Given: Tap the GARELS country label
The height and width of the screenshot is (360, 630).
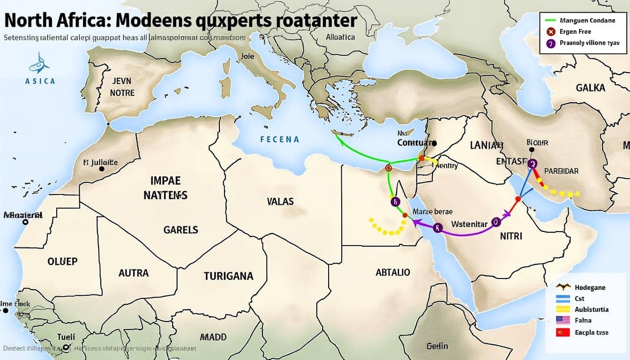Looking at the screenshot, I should click(x=180, y=230).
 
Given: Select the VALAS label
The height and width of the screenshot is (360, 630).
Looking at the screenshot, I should click(x=280, y=202).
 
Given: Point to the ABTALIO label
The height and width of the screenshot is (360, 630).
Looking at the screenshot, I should click(x=392, y=272).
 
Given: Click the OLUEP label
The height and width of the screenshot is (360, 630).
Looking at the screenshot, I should click(x=62, y=261).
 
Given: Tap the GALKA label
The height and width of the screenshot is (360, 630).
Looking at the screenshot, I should click(x=590, y=88).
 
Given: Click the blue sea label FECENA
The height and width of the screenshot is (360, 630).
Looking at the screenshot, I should click(x=279, y=139).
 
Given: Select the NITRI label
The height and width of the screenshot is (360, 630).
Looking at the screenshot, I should click(x=510, y=236).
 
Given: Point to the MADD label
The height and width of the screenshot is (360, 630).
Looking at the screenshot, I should click(x=213, y=337).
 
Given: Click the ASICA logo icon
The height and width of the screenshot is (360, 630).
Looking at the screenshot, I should click(x=39, y=63).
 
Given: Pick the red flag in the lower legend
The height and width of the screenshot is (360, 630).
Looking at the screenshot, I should click(x=562, y=332).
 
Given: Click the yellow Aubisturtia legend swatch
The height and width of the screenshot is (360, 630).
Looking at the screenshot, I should click(x=562, y=309).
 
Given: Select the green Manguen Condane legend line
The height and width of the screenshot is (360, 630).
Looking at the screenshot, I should click(x=554, y=21).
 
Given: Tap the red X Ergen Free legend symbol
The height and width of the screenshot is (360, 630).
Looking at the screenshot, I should click(x=551, y=32).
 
